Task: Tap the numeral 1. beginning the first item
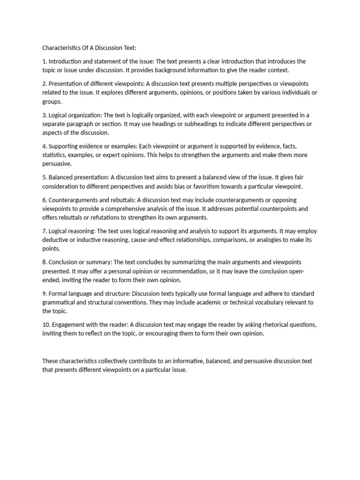(x=45, y=61)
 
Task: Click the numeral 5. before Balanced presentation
(x=45, y=178)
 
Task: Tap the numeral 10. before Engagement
(x=46, y=325)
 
